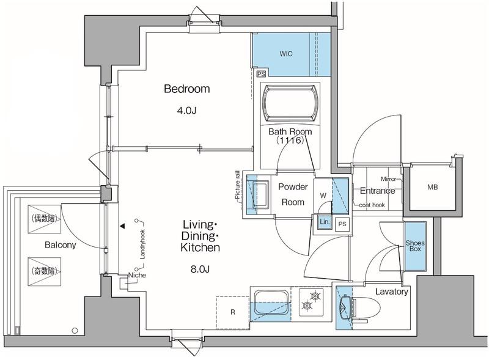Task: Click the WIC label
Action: pos(286,54)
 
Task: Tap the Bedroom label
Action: pos(187,89)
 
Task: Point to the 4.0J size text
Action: pos(186,111)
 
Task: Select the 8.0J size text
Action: pos(200,268)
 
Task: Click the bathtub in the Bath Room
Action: pos(290,103)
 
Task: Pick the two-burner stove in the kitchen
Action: pos(311,301)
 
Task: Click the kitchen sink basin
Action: pos(271,303)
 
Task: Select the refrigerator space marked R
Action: pos(233,312)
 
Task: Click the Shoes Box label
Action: pos(415,246)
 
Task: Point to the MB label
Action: pos(432,187)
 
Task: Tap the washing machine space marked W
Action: pos(323,196)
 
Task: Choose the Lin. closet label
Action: pos(325,222)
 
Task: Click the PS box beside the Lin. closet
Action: pos(342,224)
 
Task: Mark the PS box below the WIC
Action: pos(261,74)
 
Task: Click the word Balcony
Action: pos(60,245)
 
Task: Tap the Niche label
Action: pos(137,275)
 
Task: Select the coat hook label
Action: pos(372,205)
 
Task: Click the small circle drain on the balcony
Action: pos(75,331)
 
